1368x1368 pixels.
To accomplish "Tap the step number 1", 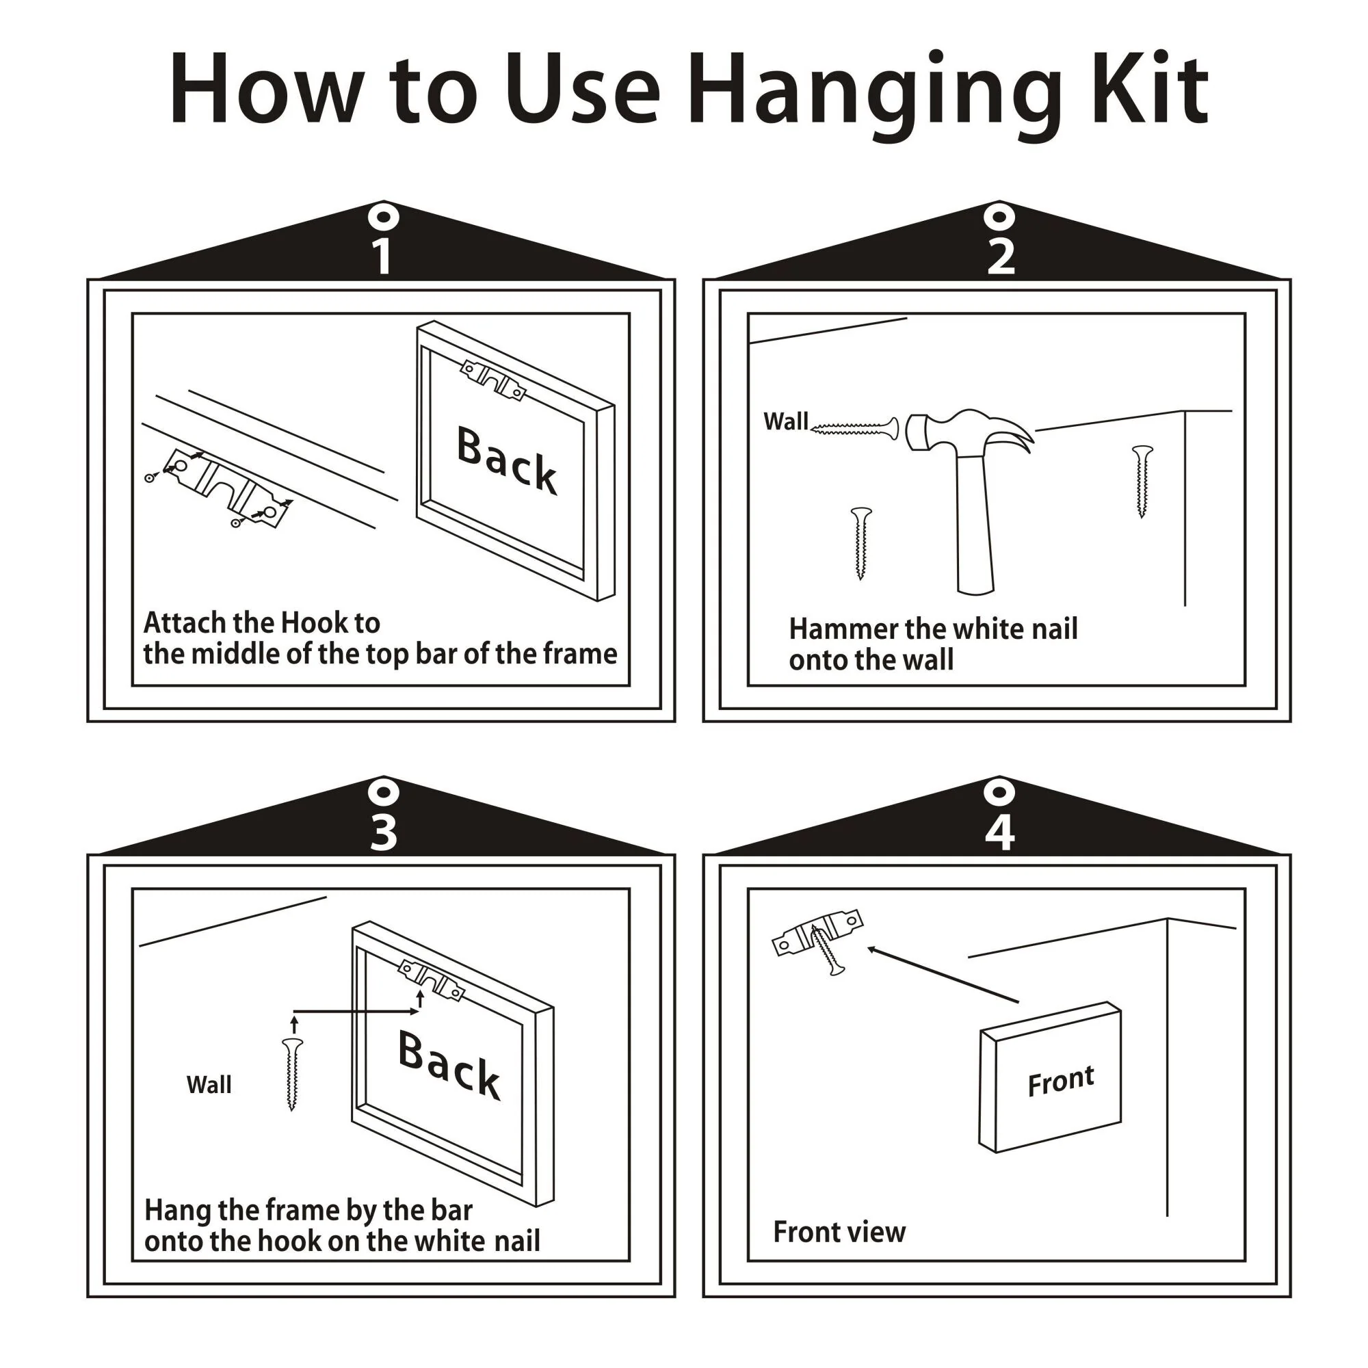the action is [x=382, y=257].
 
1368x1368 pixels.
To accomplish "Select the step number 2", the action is [x=1001, y=257].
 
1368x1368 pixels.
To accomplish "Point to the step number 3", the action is [x=383, y=832].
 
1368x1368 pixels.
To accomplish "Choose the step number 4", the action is [x=1000, y=832].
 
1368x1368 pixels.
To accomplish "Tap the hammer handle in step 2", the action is [x=974, y=524].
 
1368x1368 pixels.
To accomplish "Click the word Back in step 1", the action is [x=507, y=459].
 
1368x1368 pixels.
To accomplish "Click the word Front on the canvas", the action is [x=1061, y=1081].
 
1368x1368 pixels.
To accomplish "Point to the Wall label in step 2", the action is [x=785, y=421].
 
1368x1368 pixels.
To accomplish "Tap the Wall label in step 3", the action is [x=209, y=1085].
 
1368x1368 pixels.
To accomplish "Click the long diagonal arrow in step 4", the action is [x=943, y=974].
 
